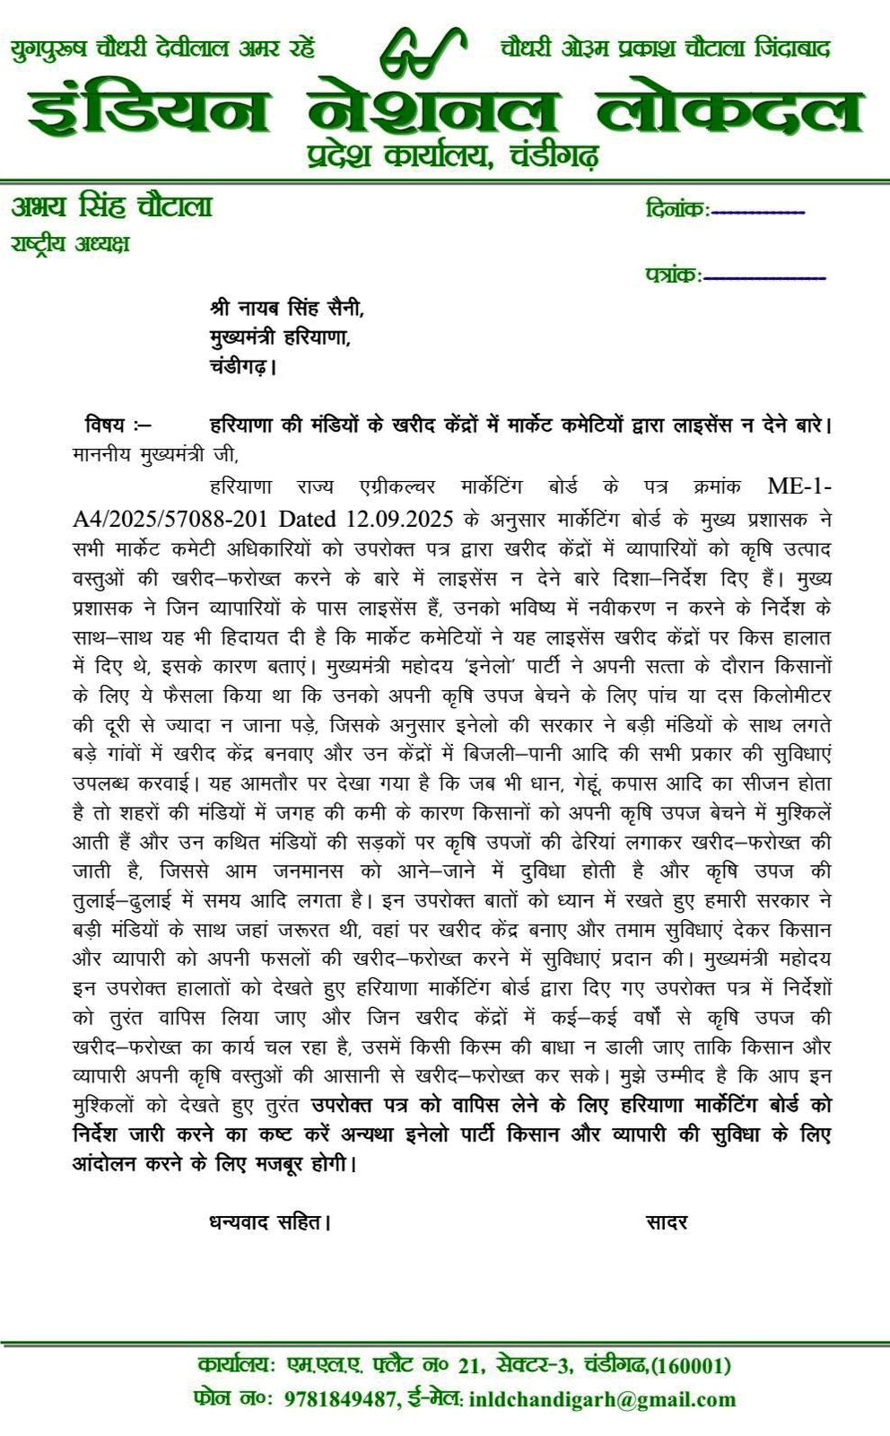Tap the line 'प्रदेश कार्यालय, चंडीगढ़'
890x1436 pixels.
pos(452,156)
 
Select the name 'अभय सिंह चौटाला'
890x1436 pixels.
pos(112,206)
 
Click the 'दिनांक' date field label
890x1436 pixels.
pos(676,210)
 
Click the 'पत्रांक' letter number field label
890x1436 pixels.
pos(673,275)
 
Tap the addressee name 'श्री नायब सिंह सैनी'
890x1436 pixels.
pos(287,308)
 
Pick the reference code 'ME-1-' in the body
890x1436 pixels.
pos(799,486)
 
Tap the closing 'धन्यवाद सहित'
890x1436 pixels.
pos(270,1221)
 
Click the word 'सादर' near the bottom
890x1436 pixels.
pos(667,1221)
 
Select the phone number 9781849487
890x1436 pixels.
pos(341,1398)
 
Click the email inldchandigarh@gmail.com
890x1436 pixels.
pos(602,1398)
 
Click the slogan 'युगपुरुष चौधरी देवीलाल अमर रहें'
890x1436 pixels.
pos(163,48)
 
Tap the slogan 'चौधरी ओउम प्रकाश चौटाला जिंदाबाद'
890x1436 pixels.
pos(666,48)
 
